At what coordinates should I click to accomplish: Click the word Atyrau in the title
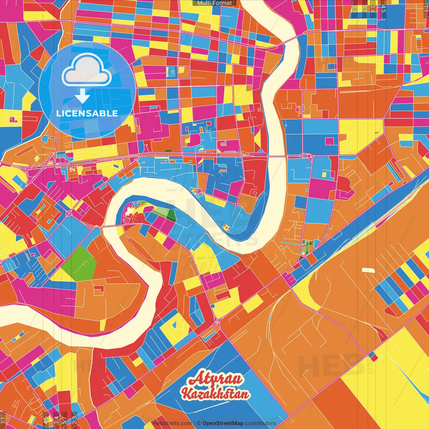pos(216,379)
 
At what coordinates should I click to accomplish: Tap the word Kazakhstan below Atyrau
pos(216,393)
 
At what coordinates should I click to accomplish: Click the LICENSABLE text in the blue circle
pos(87,113)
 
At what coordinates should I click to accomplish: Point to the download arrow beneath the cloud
pos(82,96)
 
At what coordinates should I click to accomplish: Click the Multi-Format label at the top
pos(214,3)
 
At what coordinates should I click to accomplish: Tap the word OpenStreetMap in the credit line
pos(223,423)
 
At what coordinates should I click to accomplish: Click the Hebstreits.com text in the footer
pos(172,423)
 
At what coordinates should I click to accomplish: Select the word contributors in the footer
pos(260,423)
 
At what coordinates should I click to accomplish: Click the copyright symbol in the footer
pos(198,423)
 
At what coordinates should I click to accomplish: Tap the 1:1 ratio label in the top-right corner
pos(426,8)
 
